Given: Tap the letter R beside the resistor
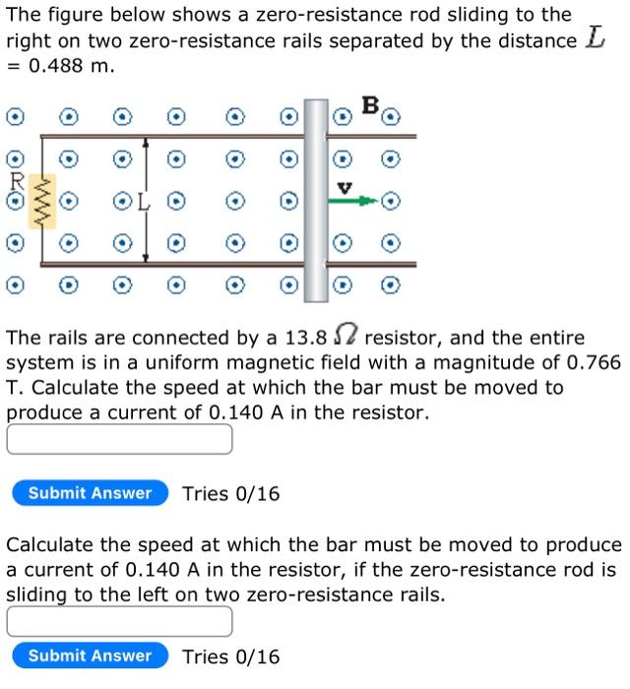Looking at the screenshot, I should (x=16, y=181).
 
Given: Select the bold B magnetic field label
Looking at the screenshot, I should (x=369, y=103).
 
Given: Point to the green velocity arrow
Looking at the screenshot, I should (x=353, y=201).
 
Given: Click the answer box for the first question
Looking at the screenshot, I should (x=120, y=439).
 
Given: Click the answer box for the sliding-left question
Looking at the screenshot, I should (x=120, y=621).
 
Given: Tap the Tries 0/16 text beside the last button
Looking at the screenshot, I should (x=231, y=657).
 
